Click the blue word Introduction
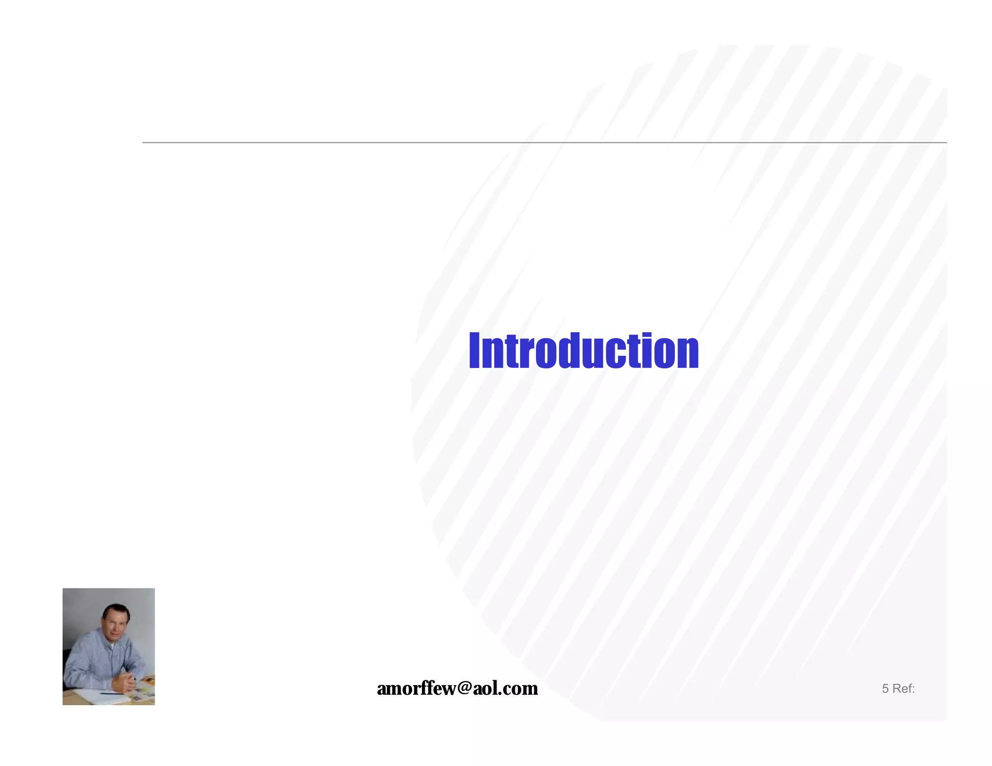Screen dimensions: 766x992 (583, 351)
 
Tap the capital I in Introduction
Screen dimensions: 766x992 (474, 351)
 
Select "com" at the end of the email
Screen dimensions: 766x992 (521, 689)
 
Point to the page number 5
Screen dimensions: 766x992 (885, 689)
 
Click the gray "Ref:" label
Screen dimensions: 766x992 (903, 689)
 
